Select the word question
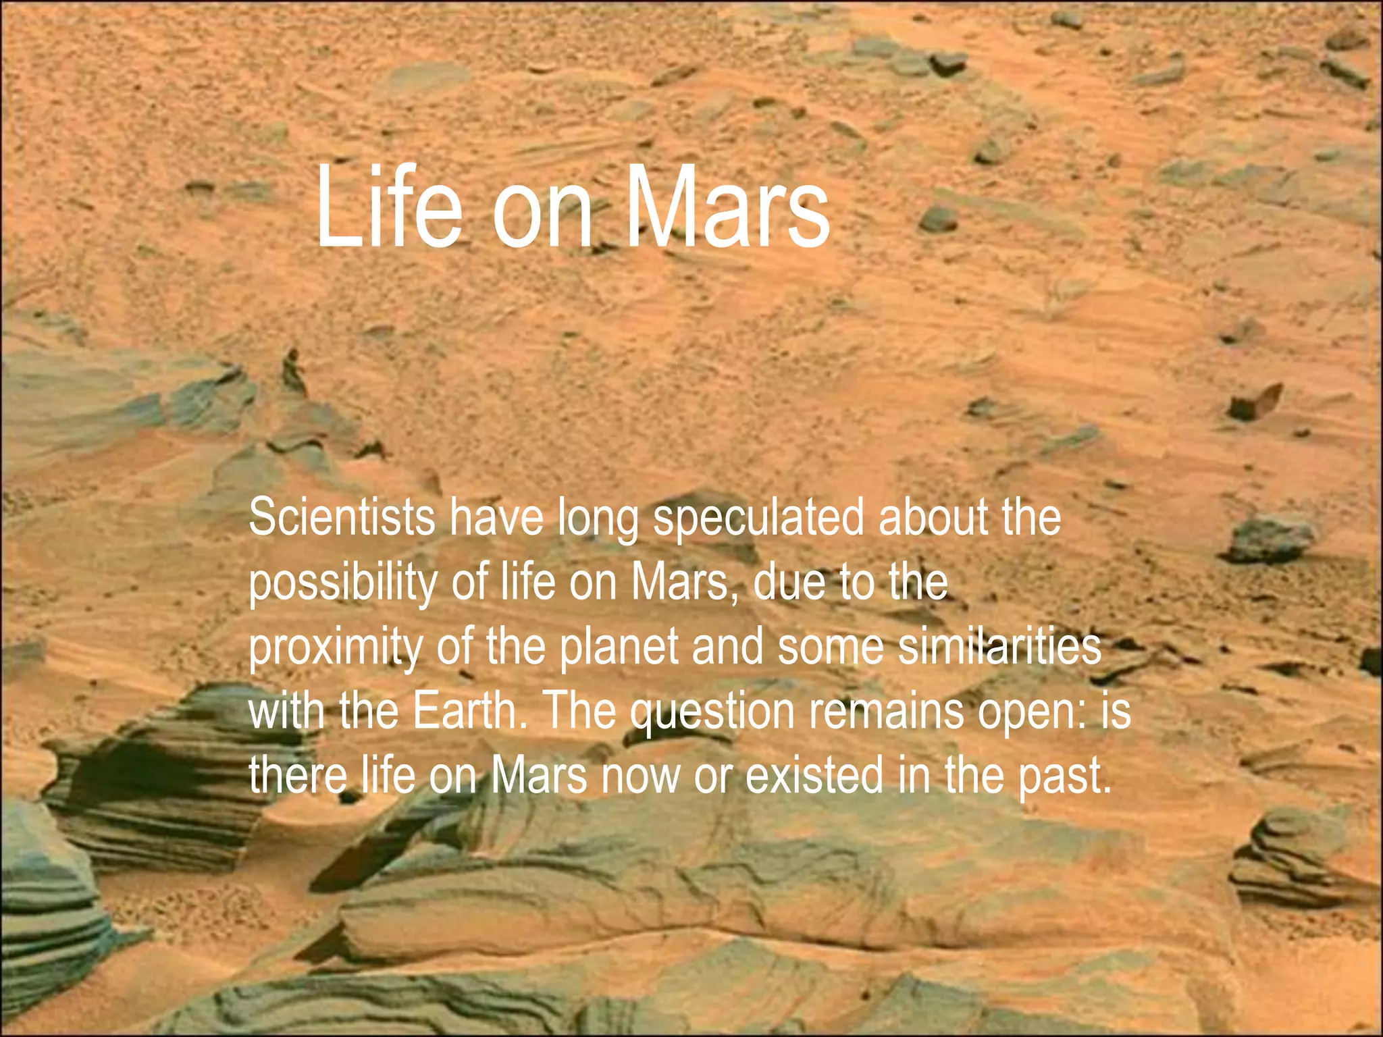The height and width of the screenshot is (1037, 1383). [x=712, y=712]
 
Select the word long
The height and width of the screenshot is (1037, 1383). [x=598, y=518]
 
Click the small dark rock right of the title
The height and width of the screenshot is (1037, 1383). [x=939, y=219]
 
